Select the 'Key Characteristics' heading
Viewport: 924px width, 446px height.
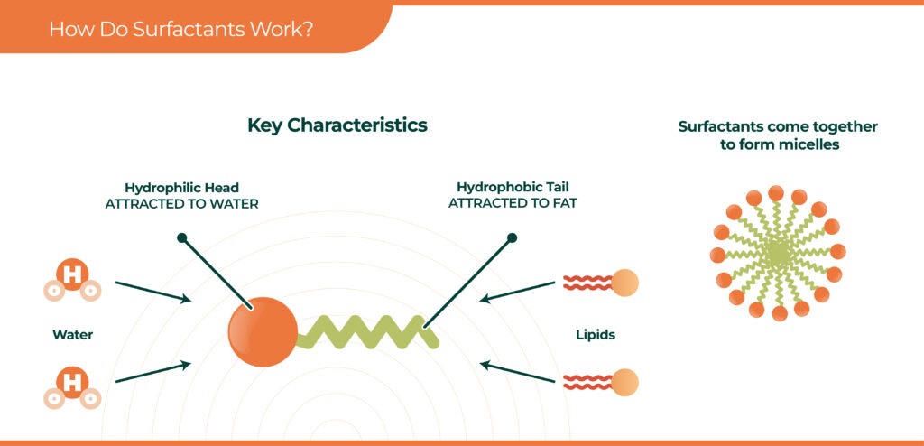337,125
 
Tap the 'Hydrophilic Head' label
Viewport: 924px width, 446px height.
181,188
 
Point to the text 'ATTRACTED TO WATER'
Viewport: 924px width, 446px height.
181,204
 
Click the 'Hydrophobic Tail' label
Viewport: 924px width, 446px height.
513,188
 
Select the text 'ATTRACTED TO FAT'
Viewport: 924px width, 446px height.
513,203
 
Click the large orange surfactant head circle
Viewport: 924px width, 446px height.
263,331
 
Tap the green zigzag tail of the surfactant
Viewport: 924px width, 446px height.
368,331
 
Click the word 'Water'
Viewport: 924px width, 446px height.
72,335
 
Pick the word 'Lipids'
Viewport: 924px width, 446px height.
596,335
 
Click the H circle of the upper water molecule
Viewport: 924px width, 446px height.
72,274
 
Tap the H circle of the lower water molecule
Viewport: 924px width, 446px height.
72,382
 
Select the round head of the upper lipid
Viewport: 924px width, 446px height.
624,283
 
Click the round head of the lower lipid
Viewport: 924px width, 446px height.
624,382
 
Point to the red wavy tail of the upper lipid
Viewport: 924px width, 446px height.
587,283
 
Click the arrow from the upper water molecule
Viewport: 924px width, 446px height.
153,292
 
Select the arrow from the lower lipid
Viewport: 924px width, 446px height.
517,372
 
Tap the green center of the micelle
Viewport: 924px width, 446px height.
778,255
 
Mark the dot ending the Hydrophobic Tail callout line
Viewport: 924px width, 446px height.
513,237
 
